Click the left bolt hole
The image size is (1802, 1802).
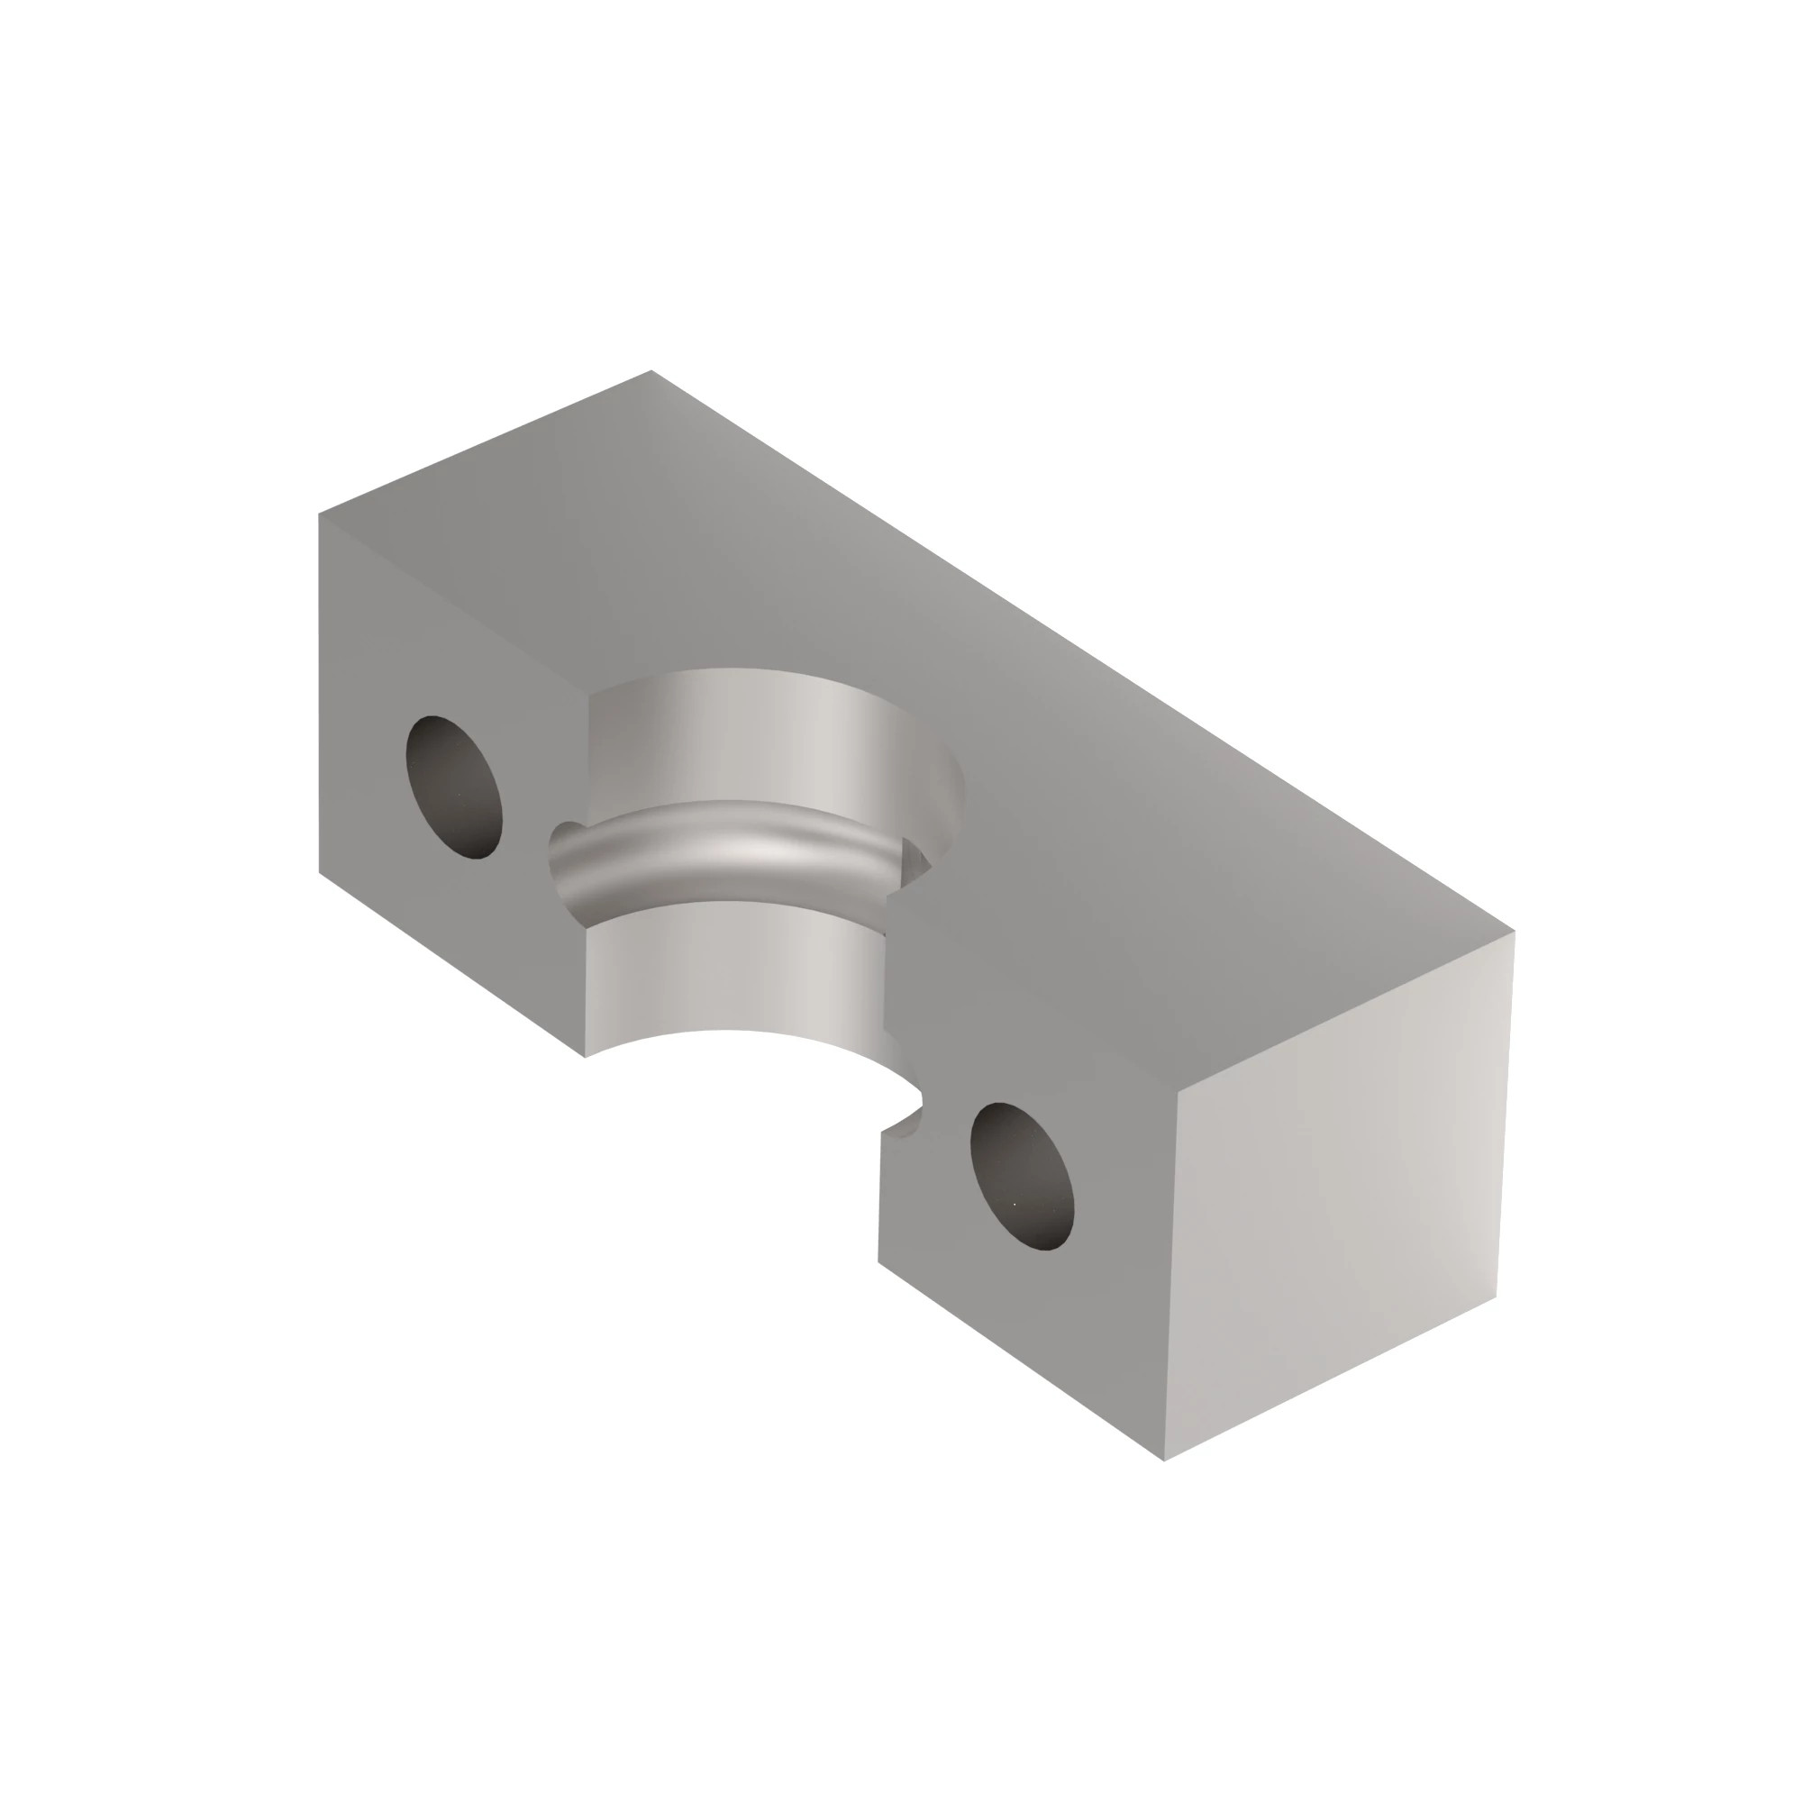[x=454, y=787]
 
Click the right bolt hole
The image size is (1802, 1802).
[x=1022, y=1177]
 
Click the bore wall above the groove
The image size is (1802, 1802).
[x=765, y=737]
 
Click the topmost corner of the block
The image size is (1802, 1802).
[x=651, y=370]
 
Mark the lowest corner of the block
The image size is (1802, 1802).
[x=1164, y=1461]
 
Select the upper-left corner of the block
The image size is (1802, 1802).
[x=319, y=513]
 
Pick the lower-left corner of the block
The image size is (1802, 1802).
[x=319, y=873]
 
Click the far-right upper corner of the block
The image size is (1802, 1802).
[x=1514, y=931]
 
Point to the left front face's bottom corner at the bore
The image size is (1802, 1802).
[x=585, y=1057]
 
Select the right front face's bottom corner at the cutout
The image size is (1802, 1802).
[x=878, y=1261]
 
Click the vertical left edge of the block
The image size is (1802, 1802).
[x=319, y=690]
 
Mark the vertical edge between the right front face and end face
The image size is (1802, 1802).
[x=1170, y=1278]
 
